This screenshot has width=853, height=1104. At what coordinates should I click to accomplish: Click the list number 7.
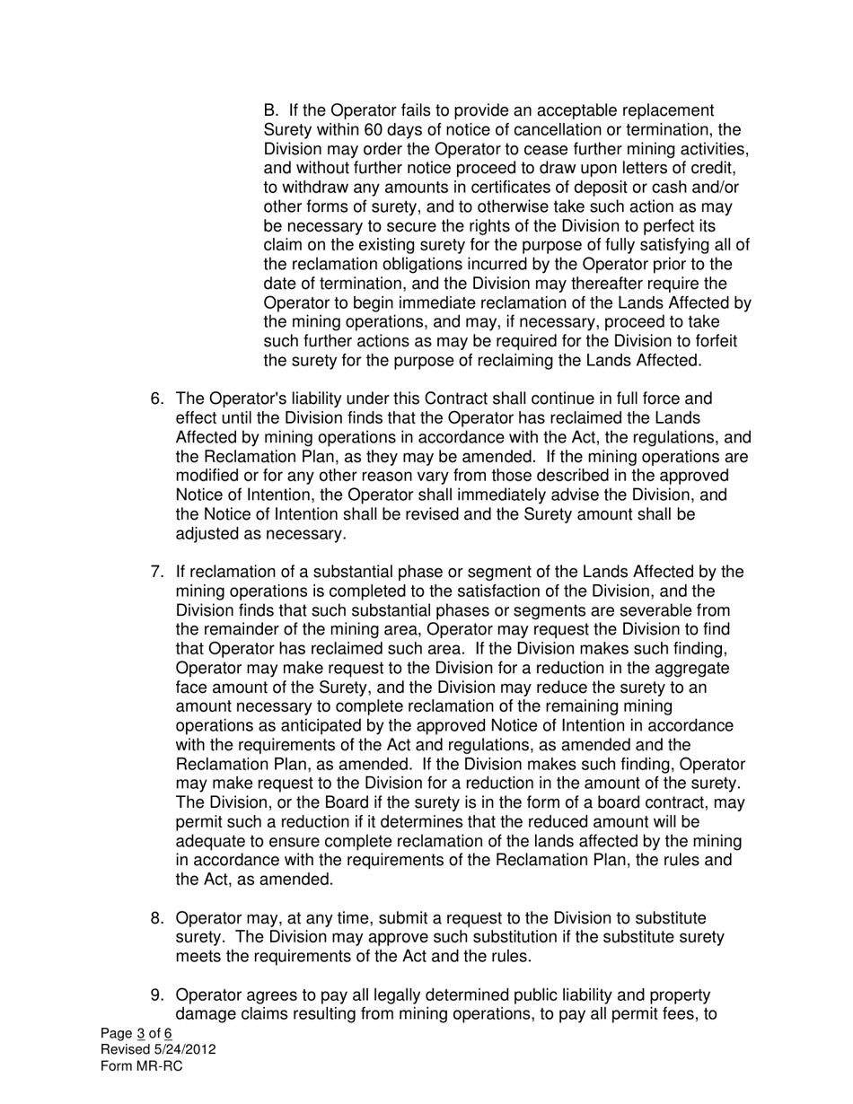point(155,573)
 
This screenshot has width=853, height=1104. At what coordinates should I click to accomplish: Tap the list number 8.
point(155,919)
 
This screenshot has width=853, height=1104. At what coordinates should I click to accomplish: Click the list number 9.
point(155,996)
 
